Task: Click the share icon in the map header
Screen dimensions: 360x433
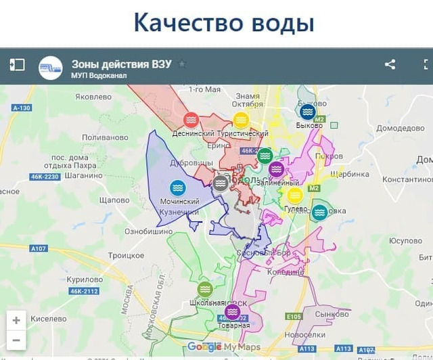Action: [x=390, y=65]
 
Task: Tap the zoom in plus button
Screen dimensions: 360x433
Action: [x=16, y=320]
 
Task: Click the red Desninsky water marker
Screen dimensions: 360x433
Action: [x=191, y=120]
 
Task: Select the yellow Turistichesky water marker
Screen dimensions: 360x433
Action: [x=241, y=120]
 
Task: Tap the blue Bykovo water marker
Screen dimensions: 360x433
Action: [x=308, y=112]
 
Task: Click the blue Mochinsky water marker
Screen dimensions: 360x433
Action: [x=178, y=187]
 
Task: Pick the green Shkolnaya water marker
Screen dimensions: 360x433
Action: [x=205, y=290]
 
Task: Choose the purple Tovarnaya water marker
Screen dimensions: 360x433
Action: [x=233, y=312]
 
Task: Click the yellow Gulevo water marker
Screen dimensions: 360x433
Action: [x=294, y=195]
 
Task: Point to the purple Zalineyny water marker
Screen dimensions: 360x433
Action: [x=276, y=169]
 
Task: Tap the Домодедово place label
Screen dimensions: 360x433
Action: [x=400, y=128]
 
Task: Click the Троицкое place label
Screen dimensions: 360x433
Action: [x=127, y=255]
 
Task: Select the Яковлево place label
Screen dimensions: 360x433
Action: [x=93, y=97]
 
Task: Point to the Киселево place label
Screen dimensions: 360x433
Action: [x=48, y=317]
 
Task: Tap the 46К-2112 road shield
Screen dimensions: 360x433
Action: [x=83, y=292]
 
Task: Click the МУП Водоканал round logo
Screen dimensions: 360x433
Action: [x=51, y=68]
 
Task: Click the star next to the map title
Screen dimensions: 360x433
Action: [x=182, y=64]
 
